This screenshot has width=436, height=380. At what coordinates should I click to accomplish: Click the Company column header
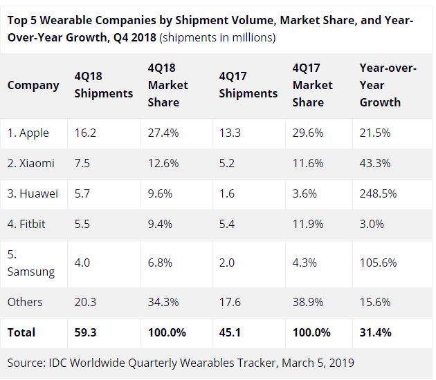33,85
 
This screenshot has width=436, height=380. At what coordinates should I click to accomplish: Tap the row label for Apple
28,133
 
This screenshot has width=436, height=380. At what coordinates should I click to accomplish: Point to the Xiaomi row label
31,163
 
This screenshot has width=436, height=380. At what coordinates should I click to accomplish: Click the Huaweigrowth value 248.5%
378,194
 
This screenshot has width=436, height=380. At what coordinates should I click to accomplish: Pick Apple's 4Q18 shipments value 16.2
86,133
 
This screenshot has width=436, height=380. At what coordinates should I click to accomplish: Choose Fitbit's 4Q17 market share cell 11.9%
308,225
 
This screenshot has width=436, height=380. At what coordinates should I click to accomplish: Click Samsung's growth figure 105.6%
378,263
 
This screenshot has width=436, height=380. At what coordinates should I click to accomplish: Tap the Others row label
25,302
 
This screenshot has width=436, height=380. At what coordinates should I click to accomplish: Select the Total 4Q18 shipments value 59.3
87,332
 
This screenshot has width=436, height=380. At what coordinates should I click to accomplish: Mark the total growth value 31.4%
376,332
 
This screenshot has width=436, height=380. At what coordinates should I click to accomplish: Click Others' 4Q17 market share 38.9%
308,302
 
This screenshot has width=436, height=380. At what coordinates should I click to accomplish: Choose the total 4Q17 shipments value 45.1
230,332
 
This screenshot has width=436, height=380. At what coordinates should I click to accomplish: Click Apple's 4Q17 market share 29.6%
308,133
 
